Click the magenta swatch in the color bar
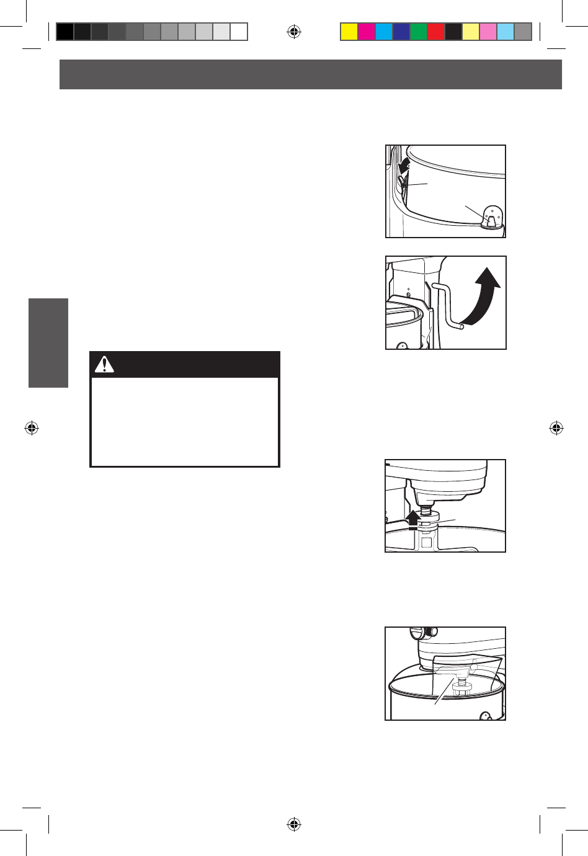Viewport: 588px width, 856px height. [367, 32]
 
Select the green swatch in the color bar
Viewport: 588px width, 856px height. [419, 32]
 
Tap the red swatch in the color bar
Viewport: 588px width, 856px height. [436, 32]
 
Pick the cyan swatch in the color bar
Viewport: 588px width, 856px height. [384, 32]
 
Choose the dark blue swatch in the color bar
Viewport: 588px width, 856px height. [401, 32]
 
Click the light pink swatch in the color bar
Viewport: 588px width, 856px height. [488, 32]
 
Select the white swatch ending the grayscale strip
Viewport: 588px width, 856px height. [239, 32]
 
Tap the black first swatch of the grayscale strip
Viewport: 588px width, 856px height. [65, 32]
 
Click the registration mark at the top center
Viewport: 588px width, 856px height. [294, 32]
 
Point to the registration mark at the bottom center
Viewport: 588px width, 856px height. [294, 824]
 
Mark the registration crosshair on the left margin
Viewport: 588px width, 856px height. [32, 428]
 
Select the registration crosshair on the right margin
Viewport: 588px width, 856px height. [556, 428]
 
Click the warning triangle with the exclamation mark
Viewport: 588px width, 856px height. [104, 365]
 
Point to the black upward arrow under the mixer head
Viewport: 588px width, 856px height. [412, 519]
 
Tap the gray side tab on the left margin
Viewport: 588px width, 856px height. [48, 343]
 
